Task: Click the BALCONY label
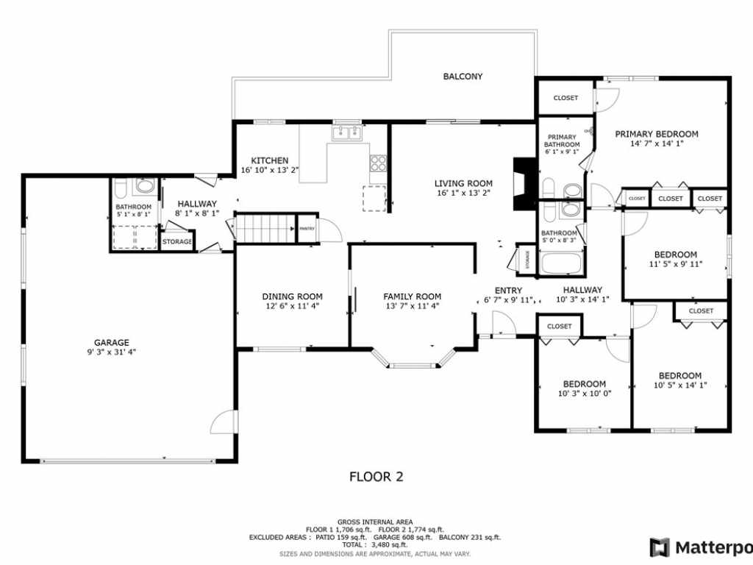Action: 463,77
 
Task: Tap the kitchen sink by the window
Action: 346,133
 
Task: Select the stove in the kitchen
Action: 378,163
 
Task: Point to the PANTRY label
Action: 307,229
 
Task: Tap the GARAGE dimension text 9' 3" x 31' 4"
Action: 111,352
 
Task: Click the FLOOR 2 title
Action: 376,477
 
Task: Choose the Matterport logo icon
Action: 660,547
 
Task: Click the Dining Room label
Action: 292,296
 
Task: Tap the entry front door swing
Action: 503,324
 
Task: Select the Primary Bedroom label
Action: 657,134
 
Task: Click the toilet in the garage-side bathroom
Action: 145,186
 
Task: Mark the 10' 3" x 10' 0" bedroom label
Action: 585,384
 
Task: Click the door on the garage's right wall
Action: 223,422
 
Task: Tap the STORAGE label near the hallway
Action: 177,241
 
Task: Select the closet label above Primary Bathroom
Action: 565,98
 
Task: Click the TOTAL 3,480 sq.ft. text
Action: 376,544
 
